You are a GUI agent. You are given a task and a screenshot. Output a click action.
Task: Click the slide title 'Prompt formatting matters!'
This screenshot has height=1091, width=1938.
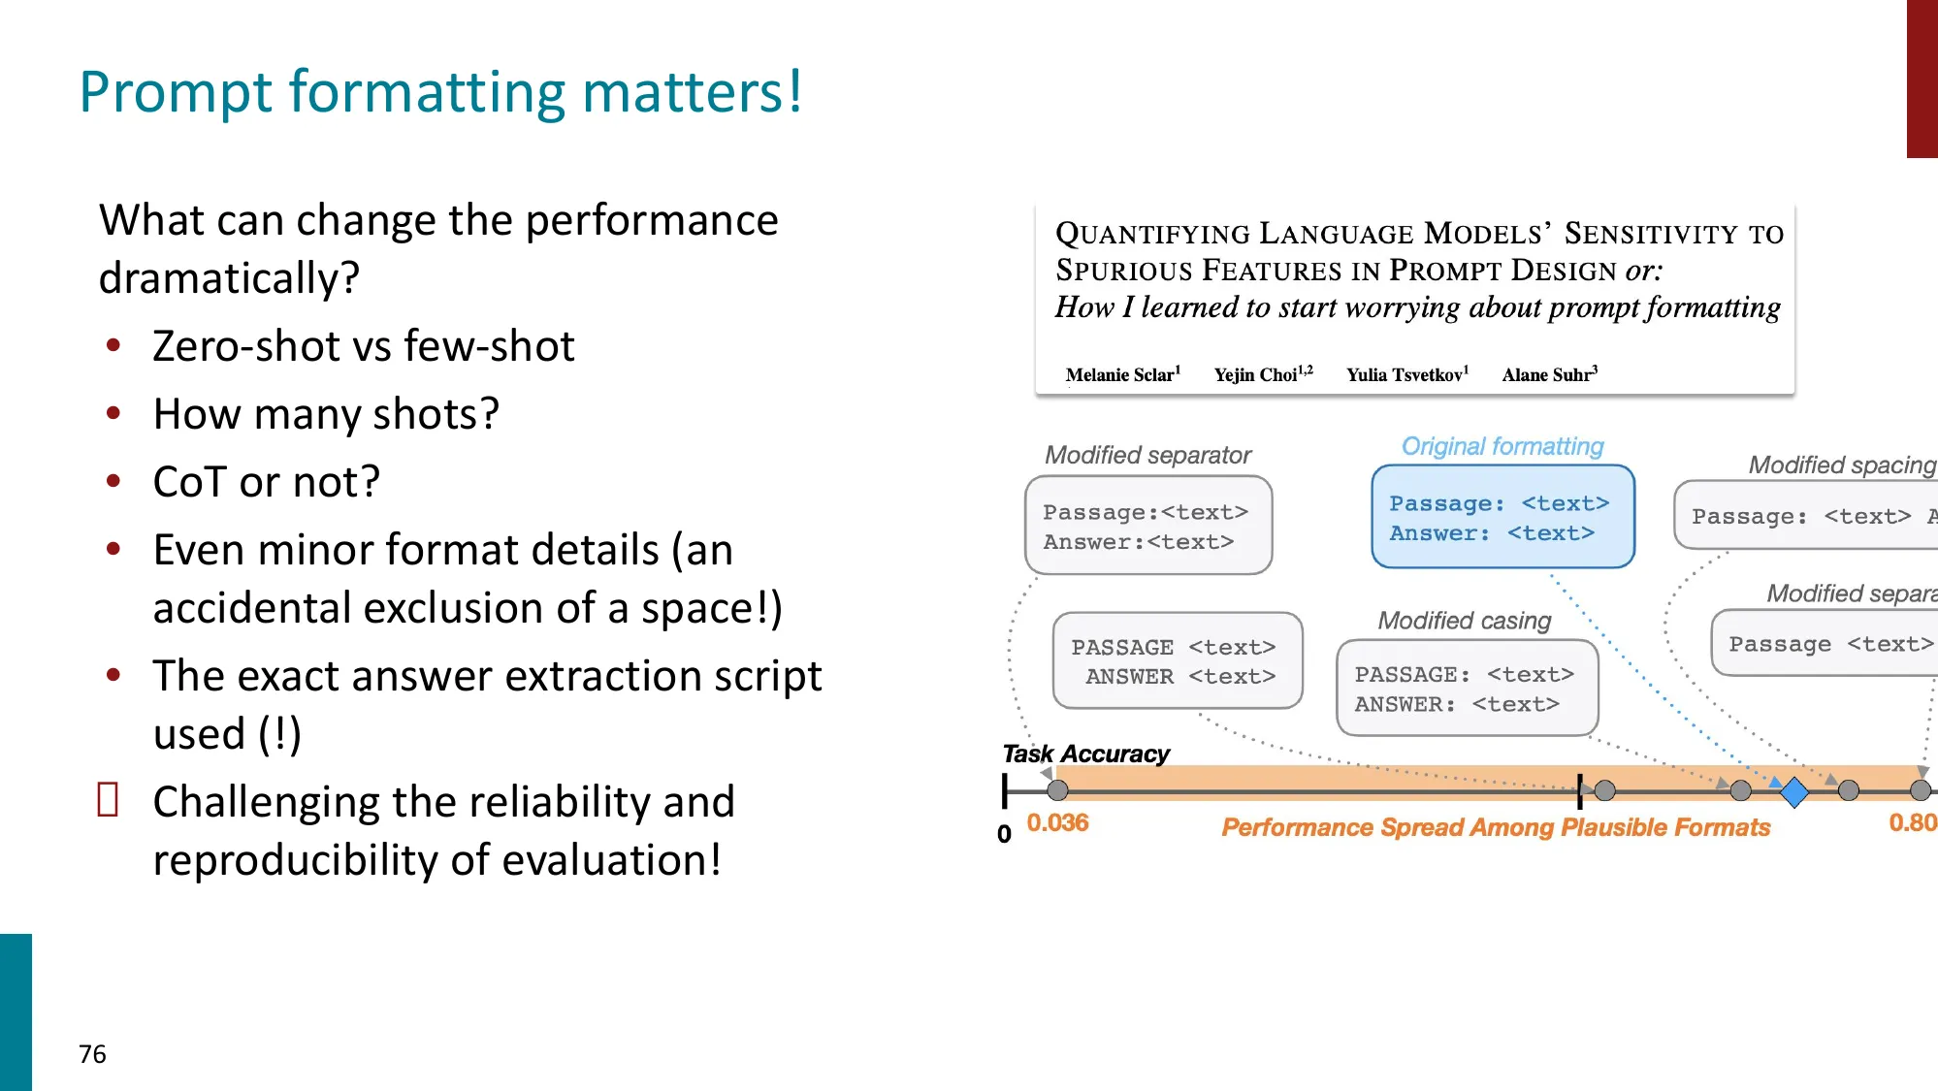coord(440,92)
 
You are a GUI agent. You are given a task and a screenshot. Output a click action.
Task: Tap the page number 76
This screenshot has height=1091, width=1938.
coord(92,1054)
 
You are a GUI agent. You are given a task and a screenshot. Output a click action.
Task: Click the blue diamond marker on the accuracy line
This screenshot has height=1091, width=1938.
coord(1794,791)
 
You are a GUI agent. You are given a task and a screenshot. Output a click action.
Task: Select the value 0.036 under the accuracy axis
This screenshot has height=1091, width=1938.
coord(1057,823)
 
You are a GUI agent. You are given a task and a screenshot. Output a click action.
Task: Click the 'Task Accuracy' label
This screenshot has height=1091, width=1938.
coord(1085,754)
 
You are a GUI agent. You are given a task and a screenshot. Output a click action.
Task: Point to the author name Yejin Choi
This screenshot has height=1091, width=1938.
coord(1262,374)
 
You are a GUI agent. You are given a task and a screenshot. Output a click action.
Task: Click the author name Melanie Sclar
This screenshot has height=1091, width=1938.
coord(1122,374)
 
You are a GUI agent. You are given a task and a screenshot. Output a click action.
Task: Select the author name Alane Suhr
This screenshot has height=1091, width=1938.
coord(1549,374)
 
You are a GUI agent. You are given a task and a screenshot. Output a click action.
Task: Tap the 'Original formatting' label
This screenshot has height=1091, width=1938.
coord(1502,446)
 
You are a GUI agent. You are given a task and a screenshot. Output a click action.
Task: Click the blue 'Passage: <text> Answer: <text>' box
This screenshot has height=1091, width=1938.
coord(1502,518)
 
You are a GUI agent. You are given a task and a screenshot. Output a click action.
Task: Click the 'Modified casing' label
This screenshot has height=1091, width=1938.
coord(1464,621)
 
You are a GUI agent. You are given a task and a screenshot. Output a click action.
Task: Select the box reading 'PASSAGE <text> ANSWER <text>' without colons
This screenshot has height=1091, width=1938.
coord(1177,661)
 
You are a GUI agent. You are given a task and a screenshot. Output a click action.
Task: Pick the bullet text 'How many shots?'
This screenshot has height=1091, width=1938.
coord(326,414)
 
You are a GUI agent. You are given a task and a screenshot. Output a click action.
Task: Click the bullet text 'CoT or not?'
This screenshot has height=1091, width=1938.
coord(266,482)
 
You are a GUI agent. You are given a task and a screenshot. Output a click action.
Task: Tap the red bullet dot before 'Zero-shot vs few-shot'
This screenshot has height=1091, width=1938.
coord(113,346)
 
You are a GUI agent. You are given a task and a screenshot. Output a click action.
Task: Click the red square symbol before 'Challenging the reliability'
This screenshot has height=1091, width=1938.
coord(108,800)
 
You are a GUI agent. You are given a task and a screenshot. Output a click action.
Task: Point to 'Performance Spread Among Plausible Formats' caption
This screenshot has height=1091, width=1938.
coord(1495,827)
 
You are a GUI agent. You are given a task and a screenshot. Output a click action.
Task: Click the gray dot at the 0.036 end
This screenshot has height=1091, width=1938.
coord(1057,790)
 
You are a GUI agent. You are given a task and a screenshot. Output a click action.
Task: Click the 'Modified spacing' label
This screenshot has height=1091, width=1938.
coord(1841,465)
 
